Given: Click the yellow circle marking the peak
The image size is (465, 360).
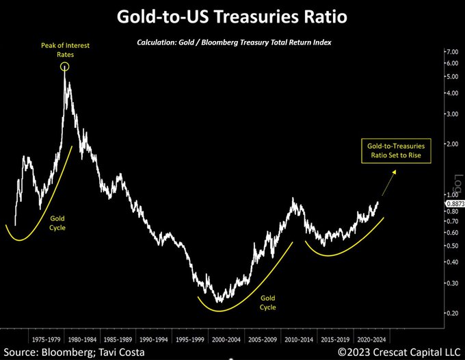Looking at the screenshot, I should tap(64, 66).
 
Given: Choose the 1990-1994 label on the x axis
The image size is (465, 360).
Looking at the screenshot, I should tap(152, 338).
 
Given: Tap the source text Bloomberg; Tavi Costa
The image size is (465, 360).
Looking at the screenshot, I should tap(75, 352).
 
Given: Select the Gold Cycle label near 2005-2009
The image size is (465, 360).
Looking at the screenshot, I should tap(268, 303).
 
